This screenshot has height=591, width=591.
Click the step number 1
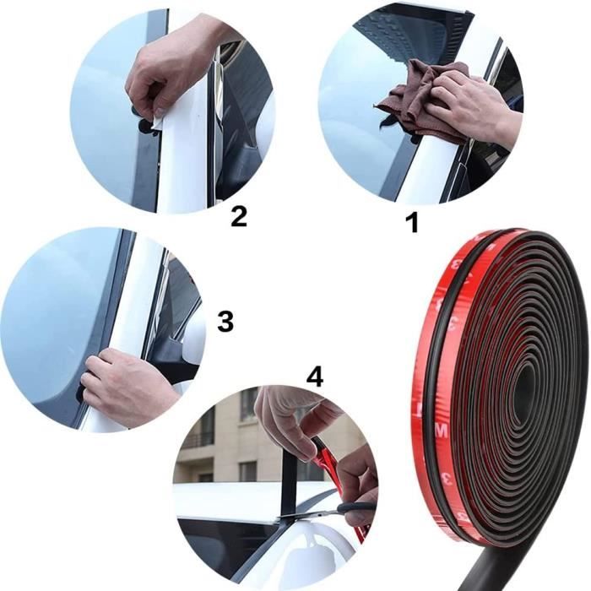[412, 223]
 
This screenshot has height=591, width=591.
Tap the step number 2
[239, 216]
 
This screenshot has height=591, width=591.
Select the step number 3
[225, 321]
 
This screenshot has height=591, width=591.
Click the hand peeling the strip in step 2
[169, 68]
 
